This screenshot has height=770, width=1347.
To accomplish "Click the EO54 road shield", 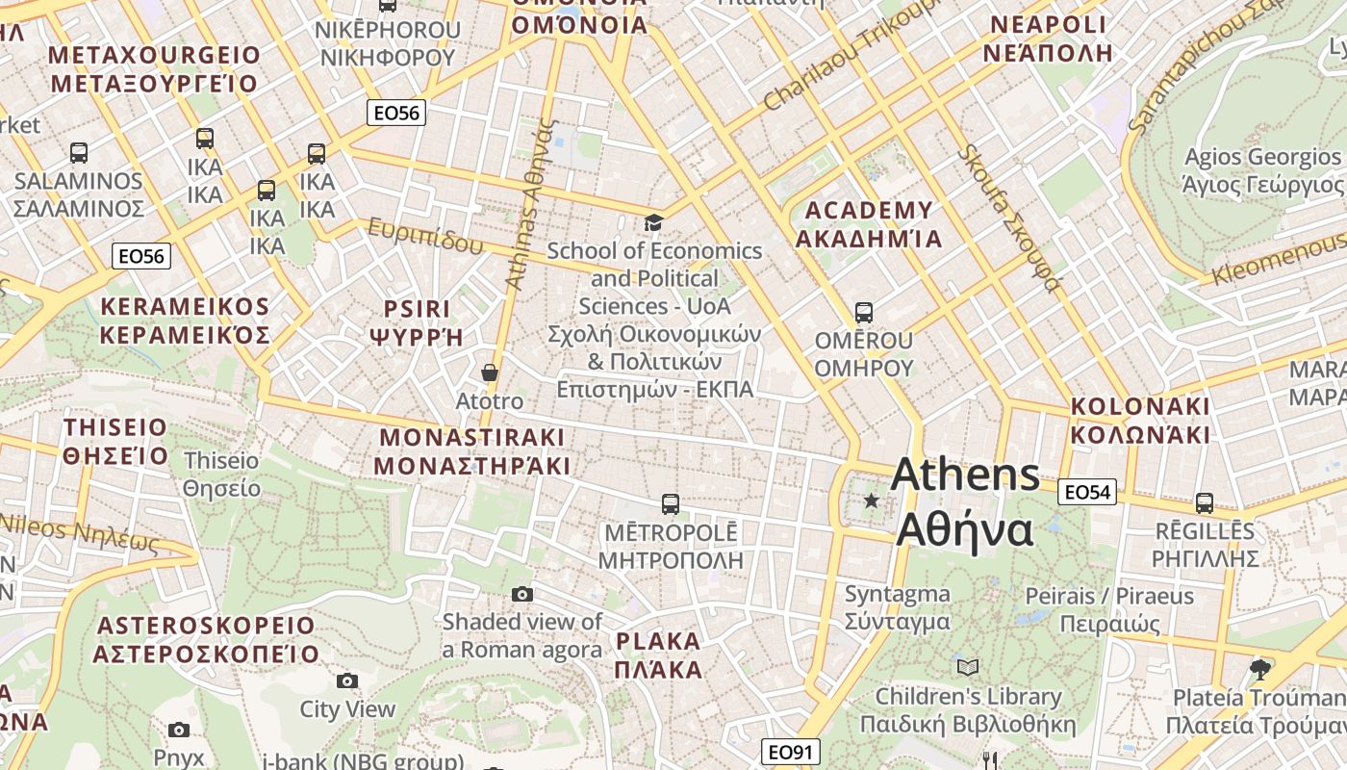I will pyautogui.click(x=1086, y=493).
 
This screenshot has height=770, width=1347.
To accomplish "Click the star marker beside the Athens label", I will pyautogui.click(x=872, y=500).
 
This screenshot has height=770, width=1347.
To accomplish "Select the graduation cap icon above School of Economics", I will pyautogui.click(x=654, y=223).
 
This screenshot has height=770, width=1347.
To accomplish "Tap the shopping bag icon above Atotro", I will pyautogui.click(x=490, y=372).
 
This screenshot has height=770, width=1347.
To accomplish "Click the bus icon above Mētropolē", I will pyautogui.click(x=671, y=503).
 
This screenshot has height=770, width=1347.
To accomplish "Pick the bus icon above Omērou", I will pyautogui.click(x=864, y=313).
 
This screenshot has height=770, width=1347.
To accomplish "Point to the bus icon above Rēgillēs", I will pyautogui.click(x=1204, y=502).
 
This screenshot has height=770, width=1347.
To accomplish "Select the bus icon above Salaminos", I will pyautogui.click(x=79, y=152).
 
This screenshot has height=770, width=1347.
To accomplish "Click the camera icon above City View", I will pyautogui.click(x=347, y=681).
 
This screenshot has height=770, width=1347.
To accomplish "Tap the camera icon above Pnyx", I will pyautogui.click(x=179, y=730).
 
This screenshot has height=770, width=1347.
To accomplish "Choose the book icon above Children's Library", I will pyautogui.click(x=968, y=667).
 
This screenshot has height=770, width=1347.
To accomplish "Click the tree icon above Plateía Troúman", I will pyautogui.click(x=1260, y=668).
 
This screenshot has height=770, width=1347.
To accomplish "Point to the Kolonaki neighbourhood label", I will pyautogui.click(x=1140, y=420).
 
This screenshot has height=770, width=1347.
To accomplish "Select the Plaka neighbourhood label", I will pyautogui.click(x=659, y=654).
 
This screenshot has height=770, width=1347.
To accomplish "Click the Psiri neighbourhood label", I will pyautogui.click(x=417, y=322).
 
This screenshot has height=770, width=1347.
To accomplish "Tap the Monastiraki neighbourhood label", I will pyautogui.click(x=471, y=451).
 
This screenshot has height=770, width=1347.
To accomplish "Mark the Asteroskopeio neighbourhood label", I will pyautogui.click(x=206, y=639).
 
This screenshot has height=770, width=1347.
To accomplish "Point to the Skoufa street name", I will pyautogui.click(x=1009, y=218).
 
